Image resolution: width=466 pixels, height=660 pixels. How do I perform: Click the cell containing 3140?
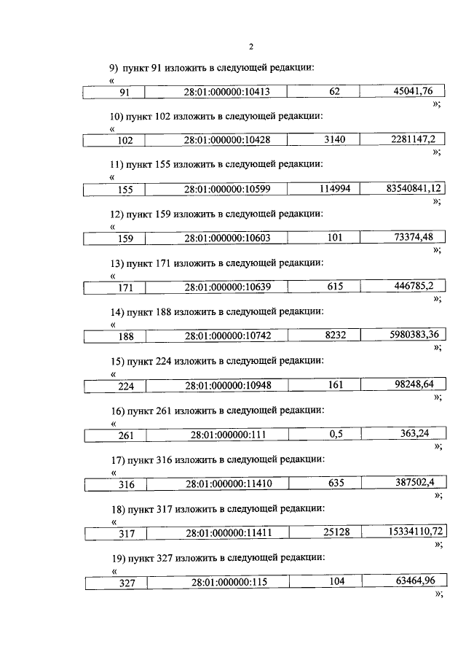point(335,140)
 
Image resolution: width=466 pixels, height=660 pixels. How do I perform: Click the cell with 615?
point(335,287)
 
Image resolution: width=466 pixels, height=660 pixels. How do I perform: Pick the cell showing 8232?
point(335,336)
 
